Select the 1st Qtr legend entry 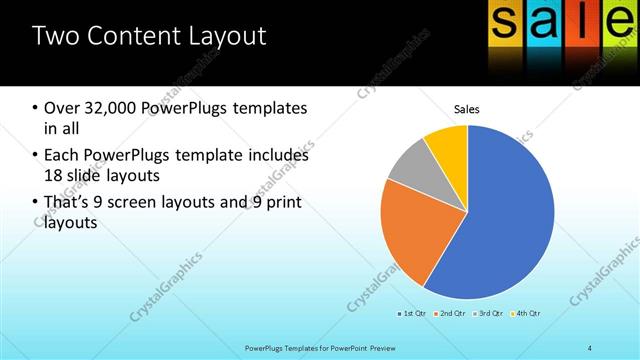tap(413, 314)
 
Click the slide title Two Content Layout tap(149, 37)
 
